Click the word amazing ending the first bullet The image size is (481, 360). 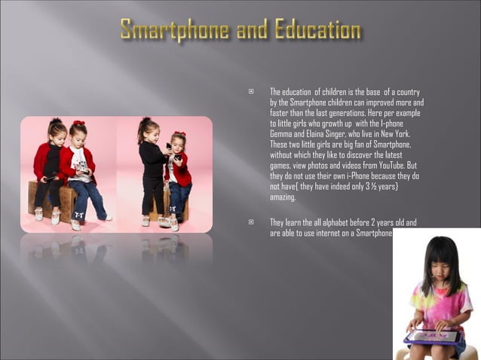(282, 197)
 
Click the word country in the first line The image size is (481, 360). (407, 92)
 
